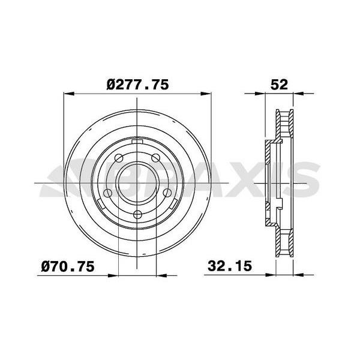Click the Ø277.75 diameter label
click(138, 85)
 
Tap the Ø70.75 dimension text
click(68, 266)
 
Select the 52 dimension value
click(279, 85)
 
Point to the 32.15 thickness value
click(230, 266)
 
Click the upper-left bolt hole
click(119, 158)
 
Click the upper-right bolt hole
click(155, 158)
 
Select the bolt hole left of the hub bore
click(107, 193)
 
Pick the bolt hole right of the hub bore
click(167, 193)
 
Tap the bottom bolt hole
click(137, 215)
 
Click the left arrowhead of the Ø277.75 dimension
click(68, 94)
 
